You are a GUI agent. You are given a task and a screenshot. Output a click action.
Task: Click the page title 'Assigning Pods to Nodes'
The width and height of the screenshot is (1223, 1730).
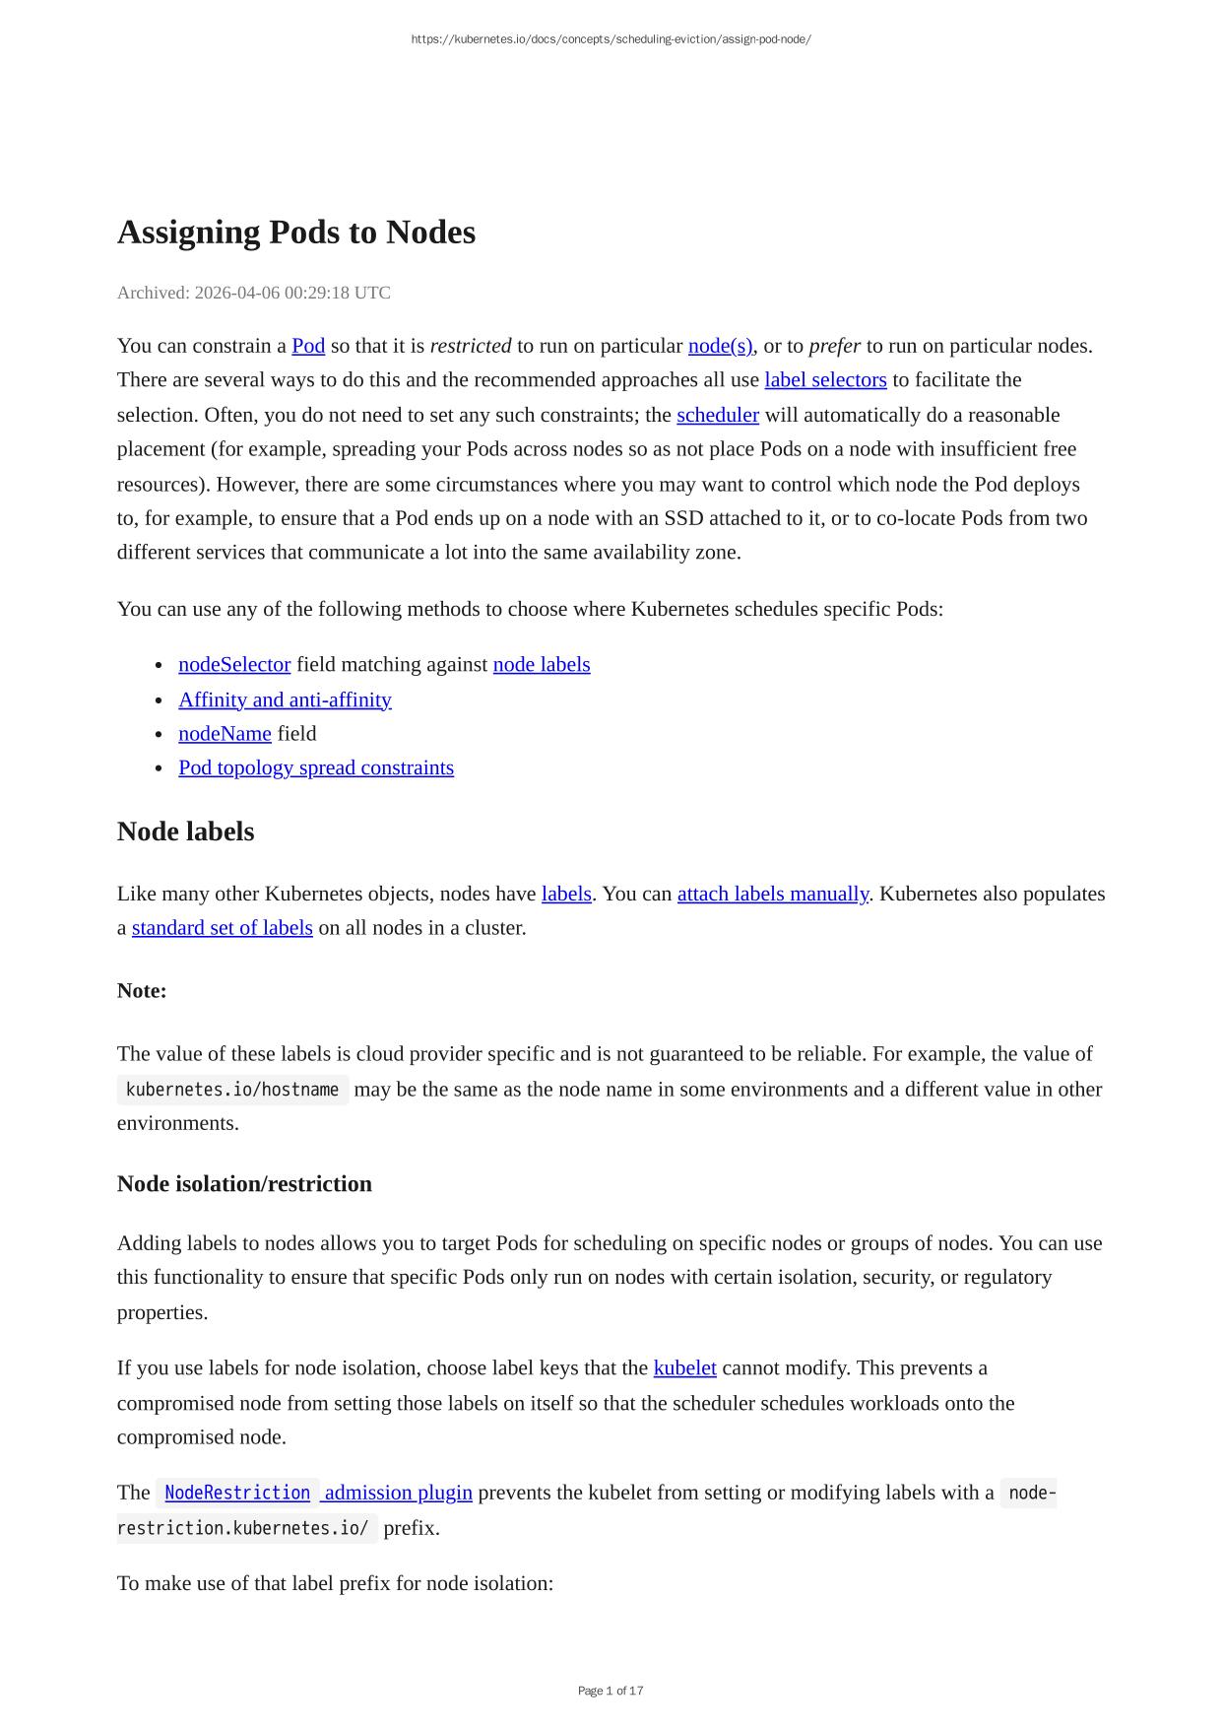click(295, 233)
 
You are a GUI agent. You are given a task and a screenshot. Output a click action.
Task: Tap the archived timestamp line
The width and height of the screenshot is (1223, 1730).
click(253, 293)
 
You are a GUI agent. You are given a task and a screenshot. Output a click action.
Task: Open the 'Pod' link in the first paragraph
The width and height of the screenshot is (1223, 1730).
click(308, 346)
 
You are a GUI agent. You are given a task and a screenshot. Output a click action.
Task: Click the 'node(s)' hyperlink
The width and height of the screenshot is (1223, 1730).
click(720, 346)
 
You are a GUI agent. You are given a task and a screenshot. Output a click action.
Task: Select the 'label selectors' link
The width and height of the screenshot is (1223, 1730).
click(825, 380)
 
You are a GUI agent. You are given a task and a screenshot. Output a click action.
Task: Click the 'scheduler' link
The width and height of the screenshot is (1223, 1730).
click(717, 415)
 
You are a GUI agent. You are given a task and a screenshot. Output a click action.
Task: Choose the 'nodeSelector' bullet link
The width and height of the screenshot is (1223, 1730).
click(234, 665)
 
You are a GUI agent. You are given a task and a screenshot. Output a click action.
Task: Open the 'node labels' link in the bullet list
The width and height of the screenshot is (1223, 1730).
click(542, 665)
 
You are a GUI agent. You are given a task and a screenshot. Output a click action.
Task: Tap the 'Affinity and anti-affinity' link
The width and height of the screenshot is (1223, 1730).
click(285, 699)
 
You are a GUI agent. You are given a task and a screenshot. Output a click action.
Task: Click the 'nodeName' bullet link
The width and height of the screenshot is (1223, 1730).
click(225, 734)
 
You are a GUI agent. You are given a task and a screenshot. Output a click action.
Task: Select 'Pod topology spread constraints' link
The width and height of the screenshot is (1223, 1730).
click(316, 768)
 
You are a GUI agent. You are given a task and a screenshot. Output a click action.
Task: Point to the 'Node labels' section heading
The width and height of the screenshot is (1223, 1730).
click(185, 832)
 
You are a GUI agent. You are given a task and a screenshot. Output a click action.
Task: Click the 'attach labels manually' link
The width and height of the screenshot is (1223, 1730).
click(773, 895)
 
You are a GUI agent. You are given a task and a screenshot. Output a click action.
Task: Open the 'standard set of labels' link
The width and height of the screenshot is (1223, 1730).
click(222, 928)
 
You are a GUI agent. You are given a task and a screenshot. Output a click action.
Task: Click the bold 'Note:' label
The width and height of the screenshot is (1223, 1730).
click(142, 991)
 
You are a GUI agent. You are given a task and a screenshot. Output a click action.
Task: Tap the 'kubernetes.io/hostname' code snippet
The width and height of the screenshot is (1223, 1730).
click(232, 1090)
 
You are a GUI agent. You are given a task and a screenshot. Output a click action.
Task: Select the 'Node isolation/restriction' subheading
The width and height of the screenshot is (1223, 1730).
click(244, 1184)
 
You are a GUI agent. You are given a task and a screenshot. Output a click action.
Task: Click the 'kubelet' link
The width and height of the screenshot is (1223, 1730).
click(684, 1368)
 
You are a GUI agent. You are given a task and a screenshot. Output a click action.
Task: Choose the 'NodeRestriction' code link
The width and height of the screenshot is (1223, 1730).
click(237, 1494)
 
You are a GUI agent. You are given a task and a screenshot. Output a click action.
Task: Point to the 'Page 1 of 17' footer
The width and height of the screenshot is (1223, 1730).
click(611, 1691)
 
